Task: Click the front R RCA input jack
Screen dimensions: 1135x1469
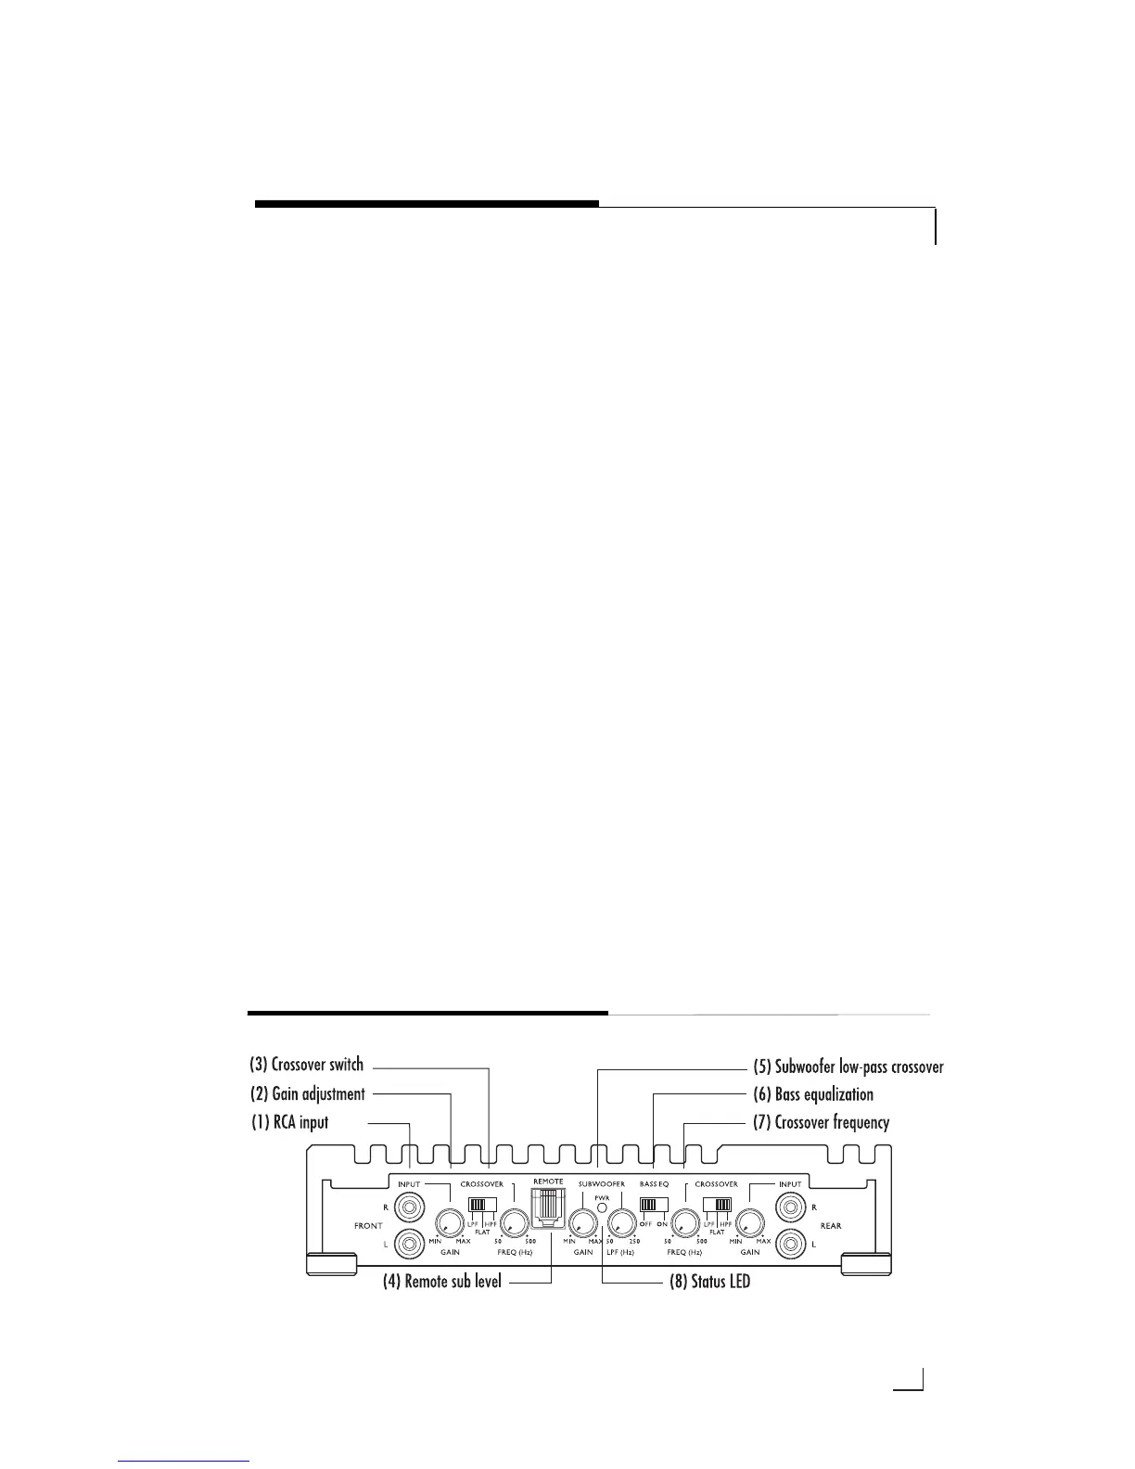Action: pos(408,1207)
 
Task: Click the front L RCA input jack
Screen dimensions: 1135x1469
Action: pos(408,1243)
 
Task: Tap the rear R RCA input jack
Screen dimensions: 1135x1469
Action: pos(790,1207)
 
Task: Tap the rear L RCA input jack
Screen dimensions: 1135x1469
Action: pos(790,1243)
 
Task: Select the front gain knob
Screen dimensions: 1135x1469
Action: pos(450,1224)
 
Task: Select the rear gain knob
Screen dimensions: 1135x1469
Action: pos(749,1224)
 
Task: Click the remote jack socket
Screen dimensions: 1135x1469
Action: pos(548,1211)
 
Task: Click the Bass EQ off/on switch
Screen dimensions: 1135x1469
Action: pos(654,1205)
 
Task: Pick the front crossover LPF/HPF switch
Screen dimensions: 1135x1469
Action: pos(482,1205)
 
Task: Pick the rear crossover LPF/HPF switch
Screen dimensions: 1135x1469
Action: pos(717,1205)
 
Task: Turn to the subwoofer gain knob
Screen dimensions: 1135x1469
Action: pos(582,1224)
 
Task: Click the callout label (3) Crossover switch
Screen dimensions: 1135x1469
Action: pos(307,1065)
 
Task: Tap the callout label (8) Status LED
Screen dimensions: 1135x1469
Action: pos(709,1284)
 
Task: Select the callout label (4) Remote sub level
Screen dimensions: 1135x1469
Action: pos(442,1284)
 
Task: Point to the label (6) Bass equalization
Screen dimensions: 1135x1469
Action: pos(812,1094)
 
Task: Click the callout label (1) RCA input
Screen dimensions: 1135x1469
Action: pos(290,1122)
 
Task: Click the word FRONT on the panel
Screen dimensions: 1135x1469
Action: pos(368,1225)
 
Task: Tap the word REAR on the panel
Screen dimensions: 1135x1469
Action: pos(830,1225)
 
